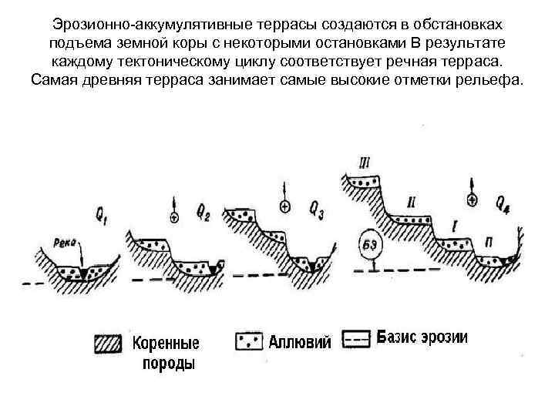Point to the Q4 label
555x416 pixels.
[x=502, y=203]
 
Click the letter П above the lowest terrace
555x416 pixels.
[x=491, y=241]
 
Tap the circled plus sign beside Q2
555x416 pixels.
[x=174, y=218]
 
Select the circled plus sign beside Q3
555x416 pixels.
[x=285, y=206]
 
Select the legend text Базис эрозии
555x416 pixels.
[x=423, y=338]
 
